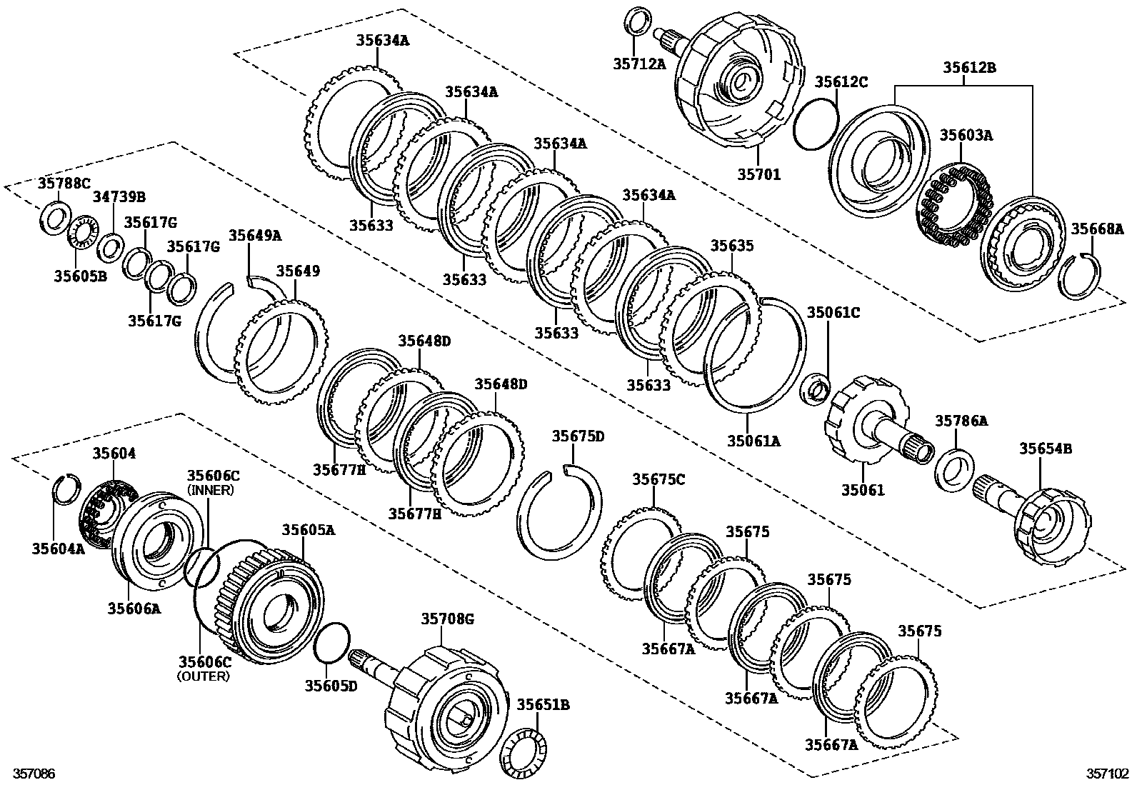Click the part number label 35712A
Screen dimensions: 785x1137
pyautogui.click(x=638, y=64)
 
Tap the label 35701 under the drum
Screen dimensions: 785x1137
pyautogui.click(x=758, y=174)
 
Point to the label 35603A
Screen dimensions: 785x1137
pyautogui.click(x=966, y=135)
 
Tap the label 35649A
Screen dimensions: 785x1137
pyautogui.click(x=255, y=235)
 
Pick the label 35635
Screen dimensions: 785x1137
pyautogui.click(x=731, y=246)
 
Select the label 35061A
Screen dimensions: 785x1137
pyautogui.click(x=753, y=441)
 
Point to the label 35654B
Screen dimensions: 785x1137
pyautogui.click(x=1045, y=449)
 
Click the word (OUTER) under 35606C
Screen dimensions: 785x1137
pyautogui.click(x=204, y=676)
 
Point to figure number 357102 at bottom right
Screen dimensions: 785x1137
pyautogui.click(x=1108, y=774)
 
